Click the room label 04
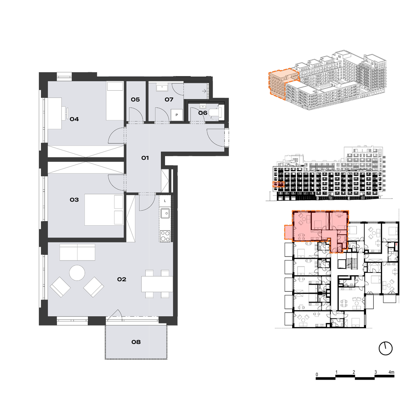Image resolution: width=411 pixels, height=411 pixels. [x=74, y=119]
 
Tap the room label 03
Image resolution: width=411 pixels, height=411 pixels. [x=74, y=200]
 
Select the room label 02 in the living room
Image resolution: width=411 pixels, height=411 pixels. [x=122, y=279]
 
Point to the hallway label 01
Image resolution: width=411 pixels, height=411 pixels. [x=145, y=158]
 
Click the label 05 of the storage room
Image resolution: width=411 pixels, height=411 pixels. [x=135, y=100]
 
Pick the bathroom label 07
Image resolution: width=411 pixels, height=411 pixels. [x=169, y=100]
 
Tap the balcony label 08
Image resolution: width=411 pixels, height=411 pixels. [x=136, y=342]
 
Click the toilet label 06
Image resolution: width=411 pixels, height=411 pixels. [x=203, y=113]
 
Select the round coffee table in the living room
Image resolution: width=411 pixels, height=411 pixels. [x=77, y=273]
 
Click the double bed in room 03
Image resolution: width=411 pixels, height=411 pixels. [x=104, y=210]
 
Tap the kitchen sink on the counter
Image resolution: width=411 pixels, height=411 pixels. [x=165, y=214]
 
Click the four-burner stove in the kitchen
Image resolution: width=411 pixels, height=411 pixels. [x=165, y=236]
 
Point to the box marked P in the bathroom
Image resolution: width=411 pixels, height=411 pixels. [x=177, y=115]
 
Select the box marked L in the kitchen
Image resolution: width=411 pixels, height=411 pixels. [x=165, y=201]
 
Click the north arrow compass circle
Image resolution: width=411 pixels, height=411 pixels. [x=386, y=349]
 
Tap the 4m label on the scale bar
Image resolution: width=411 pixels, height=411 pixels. [x=391, y=372]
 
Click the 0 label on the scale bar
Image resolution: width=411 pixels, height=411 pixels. [x=317, y=374]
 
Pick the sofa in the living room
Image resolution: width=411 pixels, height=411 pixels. [x=77, y=252]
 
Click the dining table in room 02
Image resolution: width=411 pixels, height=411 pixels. [x=157, y=284]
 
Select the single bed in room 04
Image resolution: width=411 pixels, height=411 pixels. [x=114, y=101]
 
